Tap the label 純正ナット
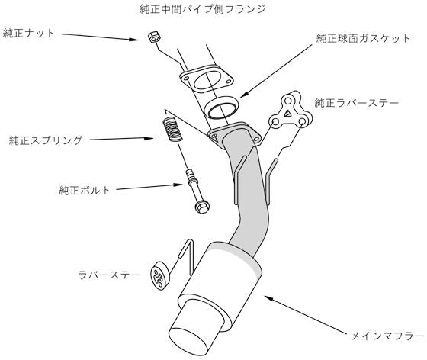29,34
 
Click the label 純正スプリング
46,140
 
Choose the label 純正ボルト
84,190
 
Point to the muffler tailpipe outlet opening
188,344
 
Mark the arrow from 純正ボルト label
145,187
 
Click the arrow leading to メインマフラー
306,313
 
